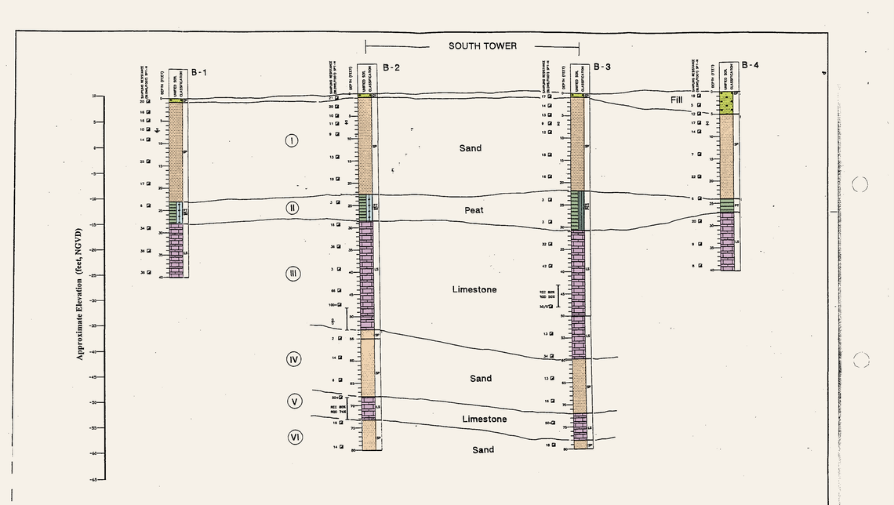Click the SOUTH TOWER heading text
[482, 46]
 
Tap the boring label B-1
[199, 73]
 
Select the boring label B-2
[391, 67]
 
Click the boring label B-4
[750, 65]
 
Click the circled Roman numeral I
[292, 141]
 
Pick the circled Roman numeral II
[292, 208]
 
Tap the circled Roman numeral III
[293, 274]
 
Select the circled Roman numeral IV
[294, 359]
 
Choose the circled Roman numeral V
[294, 401]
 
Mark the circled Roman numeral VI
[295, 437]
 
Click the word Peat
[473, 210]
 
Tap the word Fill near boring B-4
[677, 100]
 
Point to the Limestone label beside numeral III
[474, 290]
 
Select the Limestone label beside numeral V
[484, 420]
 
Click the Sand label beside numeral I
[471, 148]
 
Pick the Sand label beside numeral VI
[483, 449]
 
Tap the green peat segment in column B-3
[578, 210]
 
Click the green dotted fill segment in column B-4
[726, 103]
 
